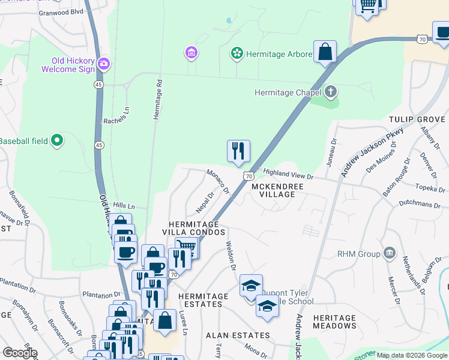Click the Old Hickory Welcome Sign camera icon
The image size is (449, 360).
tap(104, 63)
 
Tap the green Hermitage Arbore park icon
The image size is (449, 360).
tap(237, 54)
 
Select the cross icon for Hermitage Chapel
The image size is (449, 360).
tap(330, 92)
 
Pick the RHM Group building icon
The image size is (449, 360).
tap(390, 253)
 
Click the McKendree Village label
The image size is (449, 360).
tap(277, 191)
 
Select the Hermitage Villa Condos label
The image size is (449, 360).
tap(197, 227)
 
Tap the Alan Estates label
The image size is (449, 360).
tap(238, 335)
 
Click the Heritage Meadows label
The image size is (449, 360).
tap(335, 322)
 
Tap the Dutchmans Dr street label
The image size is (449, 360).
tap(423, 204)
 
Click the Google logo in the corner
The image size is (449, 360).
tap(19, 353)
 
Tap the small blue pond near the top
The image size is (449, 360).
tap(229, 20)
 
